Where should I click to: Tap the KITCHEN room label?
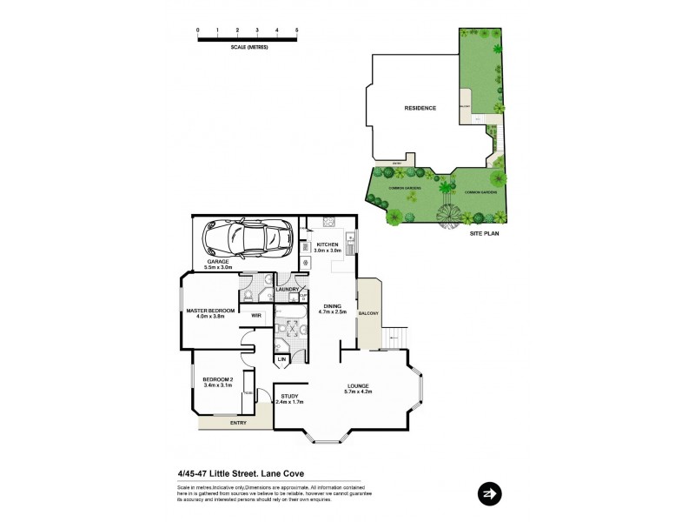[x=327, y=244]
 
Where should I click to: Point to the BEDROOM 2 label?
[x=217, y=379]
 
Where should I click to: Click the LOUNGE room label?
[x=358, y=386]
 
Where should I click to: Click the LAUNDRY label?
[x=288, y=289]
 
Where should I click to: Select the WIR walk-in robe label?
[x=256, y=316]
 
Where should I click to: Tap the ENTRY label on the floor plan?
[x=238, y=423]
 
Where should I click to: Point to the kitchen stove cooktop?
[x=329, y=222]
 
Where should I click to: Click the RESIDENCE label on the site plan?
[x=420, y=109]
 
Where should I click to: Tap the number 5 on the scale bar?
[x=297, y=30]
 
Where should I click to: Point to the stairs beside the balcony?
[x=394, y=335]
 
